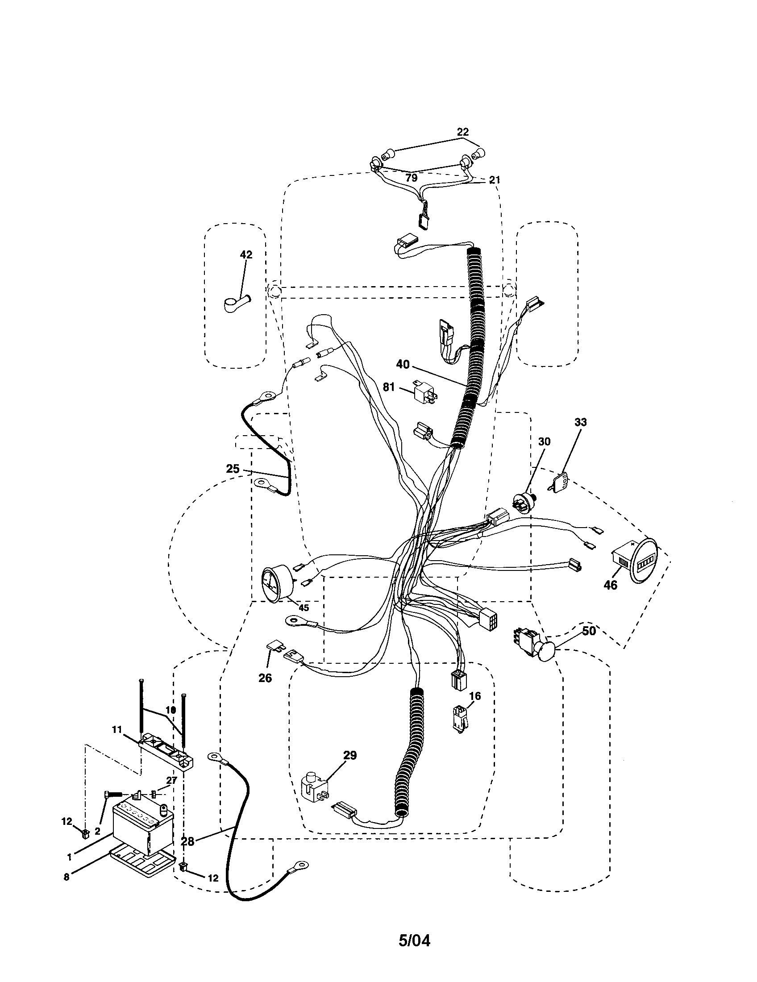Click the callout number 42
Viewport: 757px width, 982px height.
point(246,254)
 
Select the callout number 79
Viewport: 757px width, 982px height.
point(411,178)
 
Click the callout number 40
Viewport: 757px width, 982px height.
point(403,364)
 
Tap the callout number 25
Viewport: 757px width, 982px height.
point(233,469)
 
